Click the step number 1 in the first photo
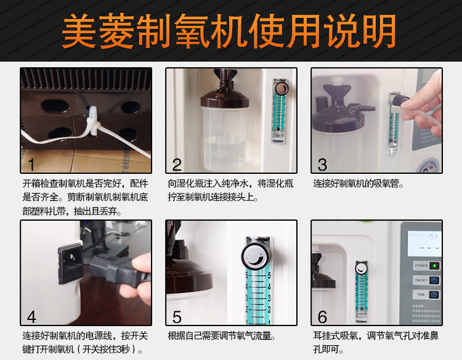tap(31, 164)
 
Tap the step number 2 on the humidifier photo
tap(177, 165)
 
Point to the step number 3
tap(322, 165)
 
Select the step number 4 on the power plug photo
tap(31, 317)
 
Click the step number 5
tap(177, 317)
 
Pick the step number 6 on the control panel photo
tap(322, 317)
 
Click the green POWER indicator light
tap(434, 266)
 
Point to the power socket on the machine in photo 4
tap(70, 261)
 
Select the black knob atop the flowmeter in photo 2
tap(282, 88)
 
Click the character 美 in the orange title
tap(79, 31)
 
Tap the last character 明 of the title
tap(379, 31)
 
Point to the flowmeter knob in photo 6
tap(361, 268)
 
